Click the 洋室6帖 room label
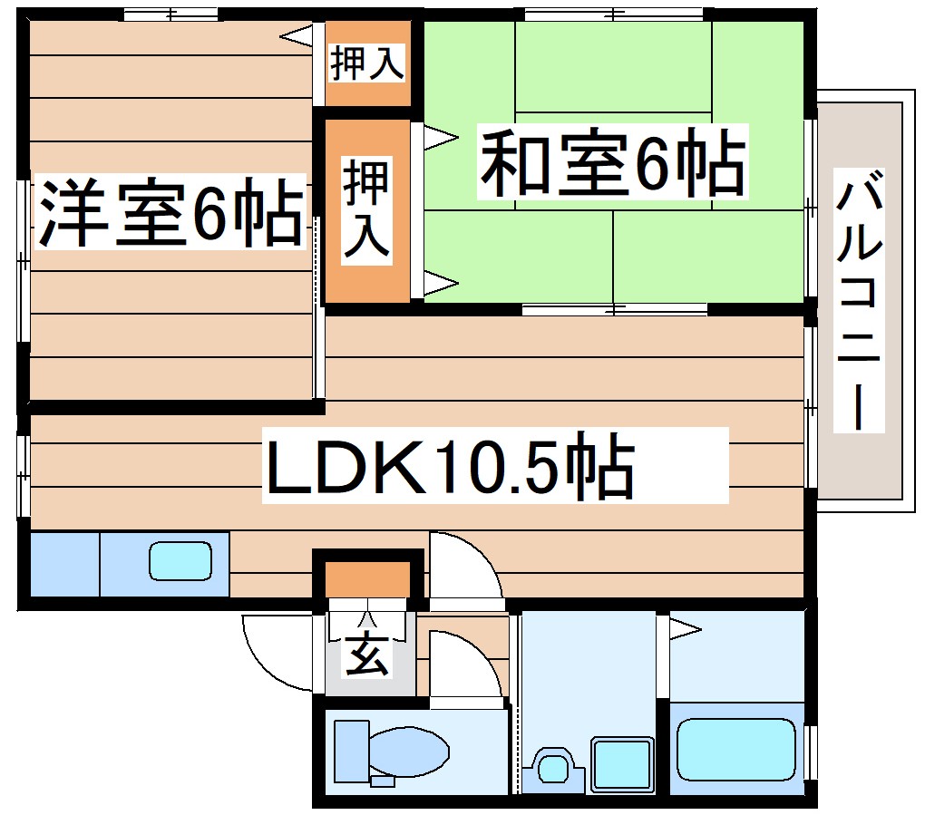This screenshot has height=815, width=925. pyautogui.click(x=170, y=215)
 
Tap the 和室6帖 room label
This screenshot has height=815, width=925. pyautogui.click(x=613, y=164)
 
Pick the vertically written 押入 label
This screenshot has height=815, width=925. pyautogui.click(x=367, y=210)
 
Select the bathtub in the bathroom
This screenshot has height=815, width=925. pyautogui.click(x=735, y=749)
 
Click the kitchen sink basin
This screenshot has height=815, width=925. pyautogui.click(x=180, y=561)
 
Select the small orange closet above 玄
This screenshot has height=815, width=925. pyautogui.click(x=367, y=577)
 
